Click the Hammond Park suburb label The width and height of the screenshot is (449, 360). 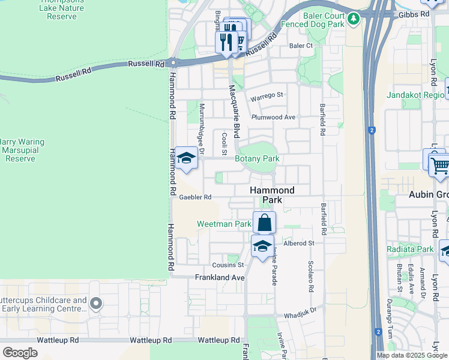point(272,196)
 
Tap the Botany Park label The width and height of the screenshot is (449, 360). point(257,159)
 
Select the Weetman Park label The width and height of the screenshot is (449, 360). point(224,224)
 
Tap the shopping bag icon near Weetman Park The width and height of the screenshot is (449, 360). point(264,223)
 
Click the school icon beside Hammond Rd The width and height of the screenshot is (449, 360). point(187,158)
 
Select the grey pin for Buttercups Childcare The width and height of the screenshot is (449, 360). point(95,304)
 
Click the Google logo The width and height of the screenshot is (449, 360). point(20,352)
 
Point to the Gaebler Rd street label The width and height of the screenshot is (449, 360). point(196,197)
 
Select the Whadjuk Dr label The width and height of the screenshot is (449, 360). point(300,314)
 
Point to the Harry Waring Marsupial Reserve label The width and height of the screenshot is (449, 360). point(22,150)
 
